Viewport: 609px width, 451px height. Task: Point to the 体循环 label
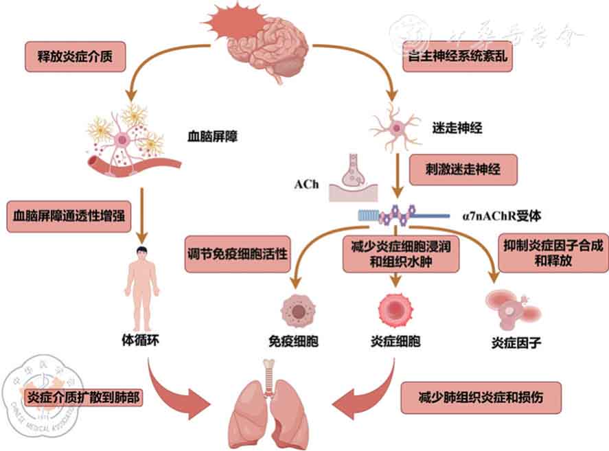pos(140,339)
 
